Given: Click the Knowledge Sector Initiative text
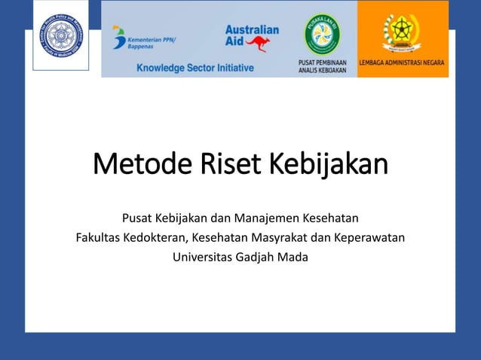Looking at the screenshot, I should tap(195, 68).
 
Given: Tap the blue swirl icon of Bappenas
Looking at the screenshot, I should tap(118, 36).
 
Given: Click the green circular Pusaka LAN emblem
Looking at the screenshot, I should tap(322, 32).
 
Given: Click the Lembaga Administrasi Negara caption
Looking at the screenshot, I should tap(403, 63).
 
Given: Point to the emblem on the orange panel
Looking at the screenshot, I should tap(402, 32).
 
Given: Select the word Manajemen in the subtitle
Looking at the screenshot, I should tap(265, 219).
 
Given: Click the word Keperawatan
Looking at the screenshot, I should tap(369, 238).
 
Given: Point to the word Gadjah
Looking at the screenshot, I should tap(261, 257).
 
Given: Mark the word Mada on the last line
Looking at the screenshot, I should tap(295, 257).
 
